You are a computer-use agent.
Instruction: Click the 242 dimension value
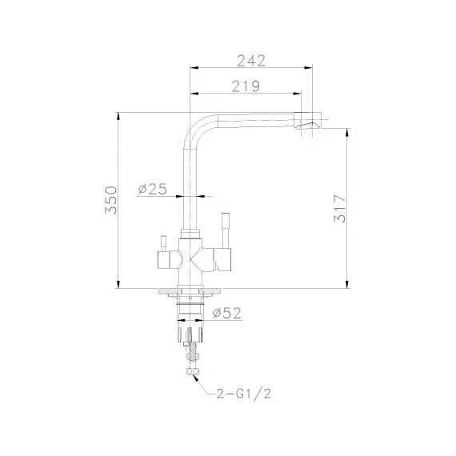pos(251,61)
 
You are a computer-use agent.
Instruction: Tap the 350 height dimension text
pos(111,199)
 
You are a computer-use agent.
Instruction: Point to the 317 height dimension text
pos(339,209)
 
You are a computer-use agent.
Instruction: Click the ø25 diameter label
pos(152,189)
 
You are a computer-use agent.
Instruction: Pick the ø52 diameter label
pos(227,313)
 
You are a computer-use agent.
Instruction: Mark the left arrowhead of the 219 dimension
pos(193,94)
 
